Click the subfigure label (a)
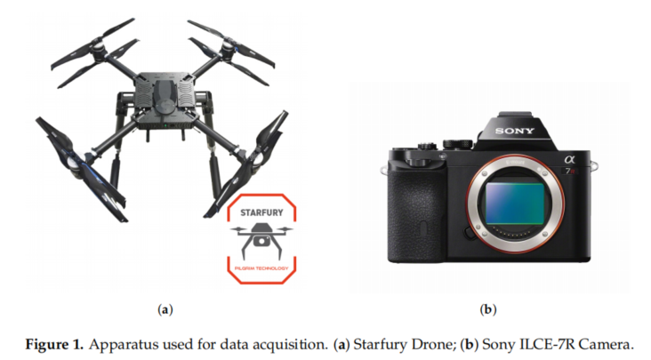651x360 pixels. [164, 309]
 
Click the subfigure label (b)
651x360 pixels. [487, 309]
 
